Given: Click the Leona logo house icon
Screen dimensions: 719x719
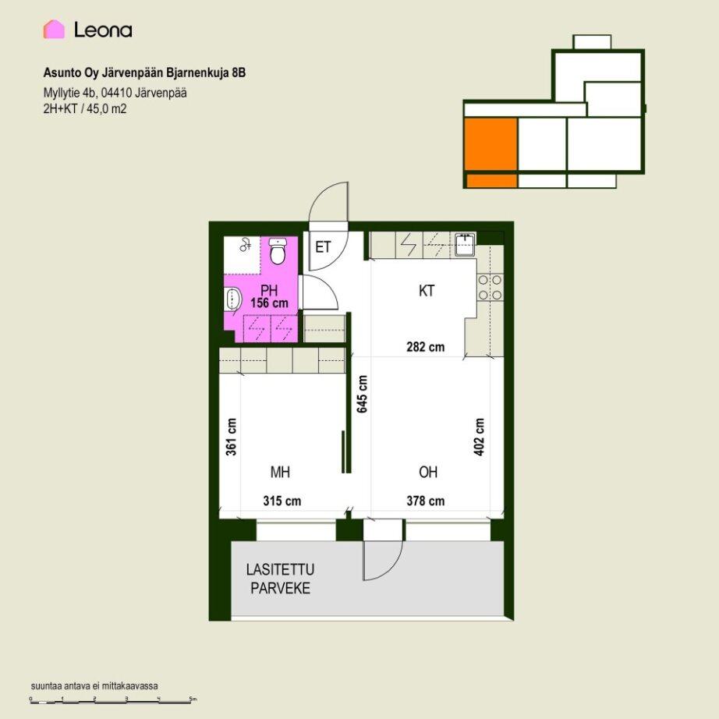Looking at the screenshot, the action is pyautogui.click(x=54, y=30).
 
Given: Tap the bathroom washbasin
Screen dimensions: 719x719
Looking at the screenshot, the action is pyautogui.click(x=233, y=299).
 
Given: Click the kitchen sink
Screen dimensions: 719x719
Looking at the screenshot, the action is pyautogui.click(x=466, y=244).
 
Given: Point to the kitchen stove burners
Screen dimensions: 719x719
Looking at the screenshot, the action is pyautogui.click(x=489, y=287).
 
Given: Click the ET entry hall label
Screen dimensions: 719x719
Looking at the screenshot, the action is pyautogui.click(x=323, y=247).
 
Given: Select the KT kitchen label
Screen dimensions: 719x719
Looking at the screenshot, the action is pyautogui.click(x=427, y=291).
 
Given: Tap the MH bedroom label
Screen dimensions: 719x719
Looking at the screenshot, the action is pyautogui.click(x=280, y=472).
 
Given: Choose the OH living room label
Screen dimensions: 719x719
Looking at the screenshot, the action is pyautogui.click(x=428, y=472).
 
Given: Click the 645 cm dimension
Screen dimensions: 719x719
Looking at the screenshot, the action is pyautogui.click(x=363, y=394).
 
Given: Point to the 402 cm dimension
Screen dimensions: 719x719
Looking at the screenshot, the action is pyautogui.click(x=479, y=437).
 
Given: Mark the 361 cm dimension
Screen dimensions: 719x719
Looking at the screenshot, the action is pyautogui.click(x=232, y=437).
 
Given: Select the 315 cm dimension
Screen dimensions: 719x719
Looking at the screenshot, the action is pyautogui.click(x=282, y=501).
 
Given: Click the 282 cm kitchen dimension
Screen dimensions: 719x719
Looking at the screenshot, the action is pyautogui.click(x=426, y=347).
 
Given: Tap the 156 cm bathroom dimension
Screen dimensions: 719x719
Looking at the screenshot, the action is pyautogui.click(x=269, y=303).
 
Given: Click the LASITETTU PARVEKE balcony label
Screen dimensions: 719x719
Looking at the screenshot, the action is pyautogui.click(x=280, y=579).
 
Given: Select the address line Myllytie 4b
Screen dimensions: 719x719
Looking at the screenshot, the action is pyautogui.click(x=115, y=93).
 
